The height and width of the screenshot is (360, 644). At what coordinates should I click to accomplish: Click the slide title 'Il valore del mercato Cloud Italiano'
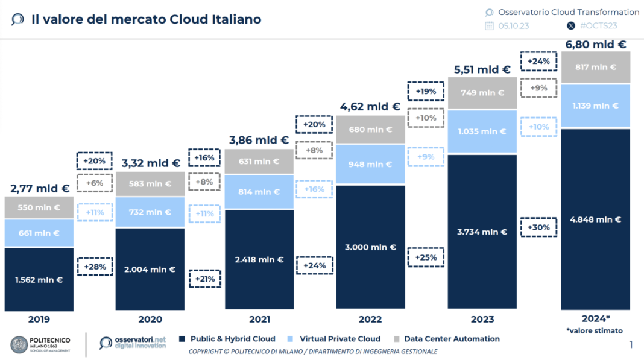[146, 19]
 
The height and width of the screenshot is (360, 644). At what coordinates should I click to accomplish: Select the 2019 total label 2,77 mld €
[39, 189]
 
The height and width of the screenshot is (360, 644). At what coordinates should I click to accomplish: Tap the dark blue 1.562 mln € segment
[39, 280]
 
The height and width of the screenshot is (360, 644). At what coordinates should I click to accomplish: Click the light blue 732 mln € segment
[150, 212]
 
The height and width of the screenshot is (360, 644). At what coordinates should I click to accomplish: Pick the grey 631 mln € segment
[259, 161]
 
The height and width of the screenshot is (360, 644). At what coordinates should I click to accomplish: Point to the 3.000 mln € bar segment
[370, 247]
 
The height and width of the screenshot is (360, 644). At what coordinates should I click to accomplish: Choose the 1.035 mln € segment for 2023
[482, 131]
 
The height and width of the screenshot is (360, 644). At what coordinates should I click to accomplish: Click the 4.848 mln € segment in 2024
[596, 219]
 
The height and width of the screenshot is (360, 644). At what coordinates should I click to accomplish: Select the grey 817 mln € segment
[596, 67]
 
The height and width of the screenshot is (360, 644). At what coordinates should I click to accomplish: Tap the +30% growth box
[538, 227]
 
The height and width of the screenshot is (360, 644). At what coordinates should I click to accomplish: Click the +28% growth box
[95, 267]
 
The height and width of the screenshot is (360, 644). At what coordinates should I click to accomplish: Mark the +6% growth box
[95, 183]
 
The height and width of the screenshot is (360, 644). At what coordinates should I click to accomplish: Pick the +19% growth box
[426, 92]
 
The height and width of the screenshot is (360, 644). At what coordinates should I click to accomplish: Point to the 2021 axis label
[259, 320]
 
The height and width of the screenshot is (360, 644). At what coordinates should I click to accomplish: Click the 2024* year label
[596, 319]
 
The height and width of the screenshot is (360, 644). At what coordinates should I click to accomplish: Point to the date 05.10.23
[513, 25]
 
